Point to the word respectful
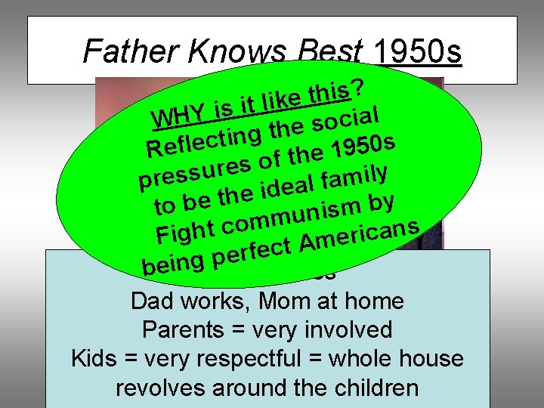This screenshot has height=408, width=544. point(255,359)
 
